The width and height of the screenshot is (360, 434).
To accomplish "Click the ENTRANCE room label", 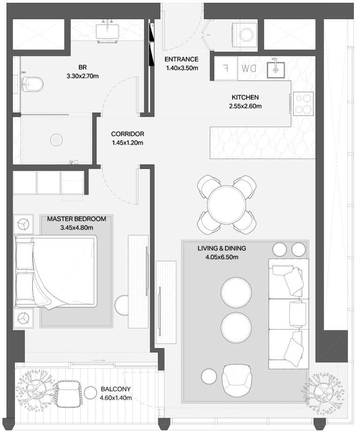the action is click(181, 59).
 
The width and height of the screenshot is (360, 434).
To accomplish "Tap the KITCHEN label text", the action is click(245, 98).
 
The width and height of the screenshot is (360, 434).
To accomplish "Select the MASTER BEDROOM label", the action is click(76, 219).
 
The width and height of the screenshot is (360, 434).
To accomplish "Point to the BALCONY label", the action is click(116, 389).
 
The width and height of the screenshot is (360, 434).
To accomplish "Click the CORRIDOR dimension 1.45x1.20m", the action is click(127, 143).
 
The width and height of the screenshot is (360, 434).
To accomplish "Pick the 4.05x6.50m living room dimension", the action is click(222, 257).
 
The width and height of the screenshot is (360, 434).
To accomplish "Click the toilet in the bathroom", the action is click(32, 84).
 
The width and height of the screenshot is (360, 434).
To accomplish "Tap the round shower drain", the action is click(56, 140).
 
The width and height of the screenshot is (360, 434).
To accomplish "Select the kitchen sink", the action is click(276, 69).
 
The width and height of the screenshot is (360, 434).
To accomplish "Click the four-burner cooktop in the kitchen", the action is click(303, 104).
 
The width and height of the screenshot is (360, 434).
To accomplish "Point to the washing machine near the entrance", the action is click(245, 35).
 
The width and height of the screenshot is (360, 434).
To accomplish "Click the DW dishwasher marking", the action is click(249, 69).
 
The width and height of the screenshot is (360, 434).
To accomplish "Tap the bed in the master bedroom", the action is click(56, 271).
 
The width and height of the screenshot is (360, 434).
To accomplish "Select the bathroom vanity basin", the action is click(107, 32).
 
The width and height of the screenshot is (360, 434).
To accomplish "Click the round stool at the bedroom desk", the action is click(122, 305).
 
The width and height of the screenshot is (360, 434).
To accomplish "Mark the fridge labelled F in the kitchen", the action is click(226, 69).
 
